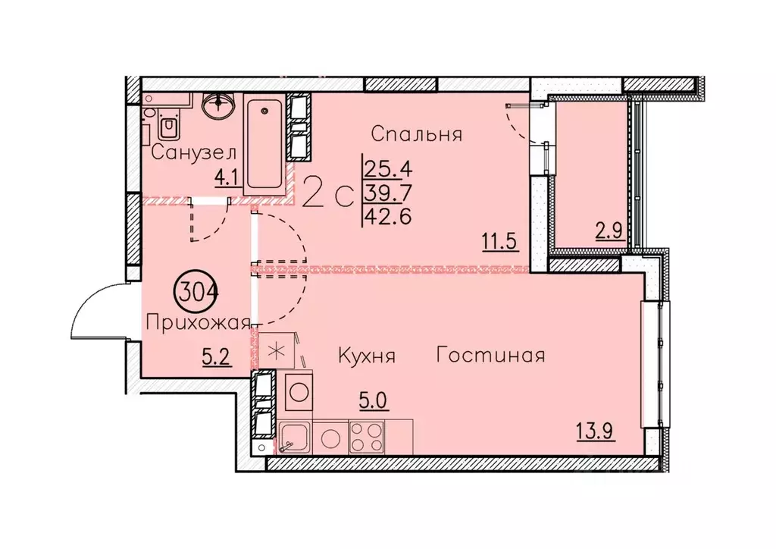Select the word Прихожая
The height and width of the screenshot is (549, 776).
(197, 324)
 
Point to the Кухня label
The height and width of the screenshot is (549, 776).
(367, 356)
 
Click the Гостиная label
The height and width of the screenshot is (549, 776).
(491, 355)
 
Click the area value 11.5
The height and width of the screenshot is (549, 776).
(499, 243)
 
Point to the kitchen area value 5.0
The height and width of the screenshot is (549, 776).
(374, 400)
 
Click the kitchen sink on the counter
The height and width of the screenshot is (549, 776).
(291, 437)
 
